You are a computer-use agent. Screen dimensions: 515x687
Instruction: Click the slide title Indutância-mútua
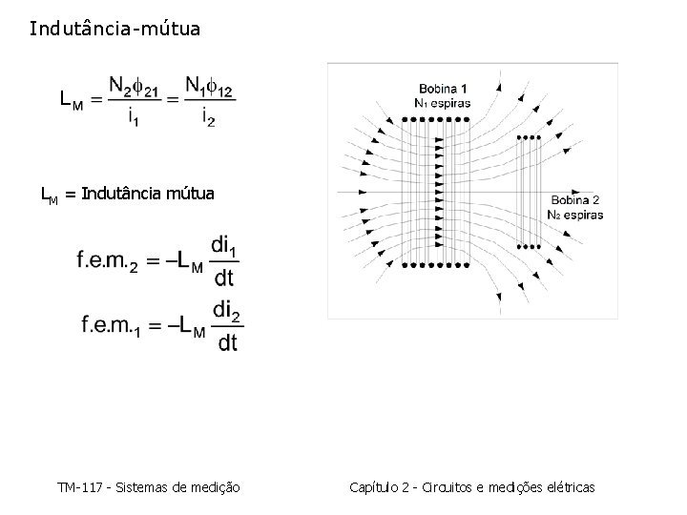pos(114,29)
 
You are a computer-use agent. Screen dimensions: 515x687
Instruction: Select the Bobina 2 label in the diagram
pos(574,200)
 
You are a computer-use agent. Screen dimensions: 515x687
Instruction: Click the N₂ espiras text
pos(574,215)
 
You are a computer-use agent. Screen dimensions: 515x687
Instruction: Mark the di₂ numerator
pos(226,311)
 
